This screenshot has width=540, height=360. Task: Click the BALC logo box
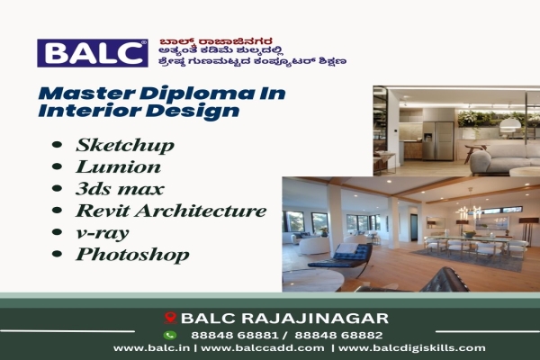[92, 53]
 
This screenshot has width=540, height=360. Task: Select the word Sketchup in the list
[124, 145]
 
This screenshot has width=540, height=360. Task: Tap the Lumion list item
[119, 166]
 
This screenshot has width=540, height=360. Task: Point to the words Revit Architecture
[171, 211]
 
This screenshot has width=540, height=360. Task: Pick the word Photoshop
[132, 255]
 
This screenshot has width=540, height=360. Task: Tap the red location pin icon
[168, 318]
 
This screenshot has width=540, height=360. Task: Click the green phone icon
[168, 334]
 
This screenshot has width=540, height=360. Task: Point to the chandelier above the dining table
[467, 212]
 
